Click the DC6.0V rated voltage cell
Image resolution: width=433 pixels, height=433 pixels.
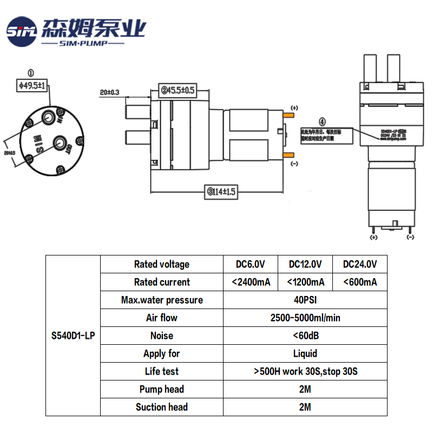[250, 264]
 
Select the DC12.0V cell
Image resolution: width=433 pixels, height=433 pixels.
[305, 264]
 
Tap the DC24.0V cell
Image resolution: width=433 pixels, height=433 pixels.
[360, 264]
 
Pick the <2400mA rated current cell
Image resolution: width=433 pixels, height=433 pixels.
[250, 282]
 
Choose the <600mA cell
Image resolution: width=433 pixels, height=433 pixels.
[360, 282]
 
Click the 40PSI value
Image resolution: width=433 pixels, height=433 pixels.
[305, 300]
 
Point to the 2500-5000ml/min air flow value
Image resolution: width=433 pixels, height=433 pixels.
[305, 318]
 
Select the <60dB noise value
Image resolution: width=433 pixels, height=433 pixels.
[305, 336]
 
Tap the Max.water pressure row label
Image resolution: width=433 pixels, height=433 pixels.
[162, 300]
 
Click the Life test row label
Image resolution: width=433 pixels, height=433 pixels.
[162, 371]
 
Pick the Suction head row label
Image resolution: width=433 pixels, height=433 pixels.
[162, 407]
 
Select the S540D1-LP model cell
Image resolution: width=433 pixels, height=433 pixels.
[73, 336]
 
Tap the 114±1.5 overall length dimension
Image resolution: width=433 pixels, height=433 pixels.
[222, 192]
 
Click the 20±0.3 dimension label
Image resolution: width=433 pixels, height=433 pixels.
[109, 92]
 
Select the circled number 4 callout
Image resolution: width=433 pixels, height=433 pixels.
[323, 122]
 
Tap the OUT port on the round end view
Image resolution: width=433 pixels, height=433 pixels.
[58, 143]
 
